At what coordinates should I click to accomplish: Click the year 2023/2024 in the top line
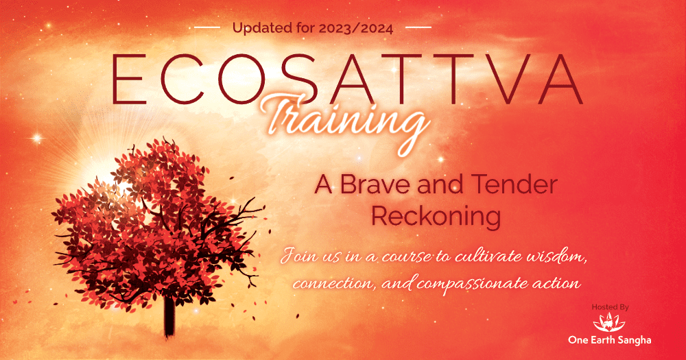coord(355,28)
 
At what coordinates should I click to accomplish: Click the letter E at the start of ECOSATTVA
coord(129,79)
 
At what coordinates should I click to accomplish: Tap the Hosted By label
coord(611,307)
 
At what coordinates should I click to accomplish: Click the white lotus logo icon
coord(609,323)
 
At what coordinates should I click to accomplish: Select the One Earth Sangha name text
coord(609,340)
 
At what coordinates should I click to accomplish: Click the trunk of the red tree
coord(169,316)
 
